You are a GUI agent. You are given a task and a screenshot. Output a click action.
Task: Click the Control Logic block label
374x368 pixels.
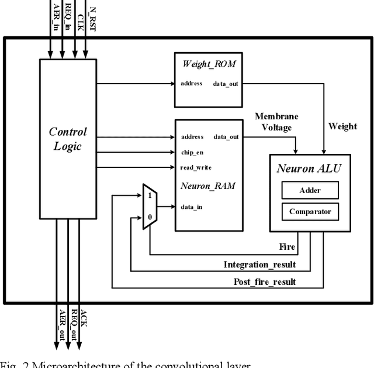pyautogui.click(x=67, y=139)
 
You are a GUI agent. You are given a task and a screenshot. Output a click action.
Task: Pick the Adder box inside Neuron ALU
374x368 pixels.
pyautogui.click(x=310, y=190)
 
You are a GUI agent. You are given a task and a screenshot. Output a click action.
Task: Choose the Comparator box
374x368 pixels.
pyautogui.click(x=310, y=212)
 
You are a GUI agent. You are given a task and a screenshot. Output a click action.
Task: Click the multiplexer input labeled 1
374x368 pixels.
pyautogui.click(x=150, y=195)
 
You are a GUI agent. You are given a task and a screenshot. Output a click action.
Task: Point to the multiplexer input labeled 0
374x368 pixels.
pyautogui.click(x=150, y=218)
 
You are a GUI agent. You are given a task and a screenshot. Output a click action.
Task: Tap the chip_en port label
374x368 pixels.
pyautogui.click(x=191, y=152)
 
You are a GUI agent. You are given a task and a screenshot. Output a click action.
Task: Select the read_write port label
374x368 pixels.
pyautogui.click(x=195, y=168)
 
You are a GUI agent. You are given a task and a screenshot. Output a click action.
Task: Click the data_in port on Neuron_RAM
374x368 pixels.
pyautogui.click(x=191, y=207)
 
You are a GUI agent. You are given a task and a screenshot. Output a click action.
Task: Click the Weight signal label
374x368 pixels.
pyautogui.click(x=342, y=126)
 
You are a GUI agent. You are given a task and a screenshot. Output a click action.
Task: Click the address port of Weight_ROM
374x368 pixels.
pyautogui.click(x=191, y=84)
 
